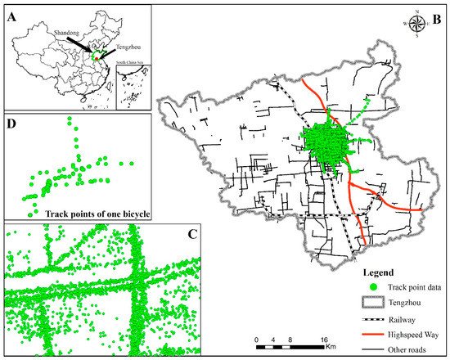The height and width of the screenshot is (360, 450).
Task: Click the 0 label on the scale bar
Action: click(256, 339)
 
